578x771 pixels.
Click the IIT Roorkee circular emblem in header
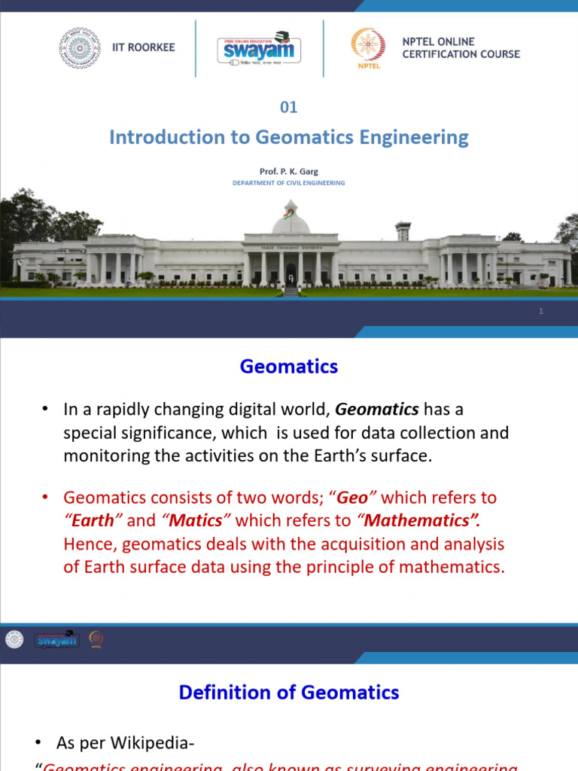pyautogui.click(x=81, y=49)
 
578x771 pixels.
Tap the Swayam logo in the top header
pyautogui.click(x=260, y=49)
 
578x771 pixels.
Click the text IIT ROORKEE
pyautogui.click(x=143, y=47)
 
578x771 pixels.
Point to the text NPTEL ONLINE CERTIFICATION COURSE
pyautogui.click(x=461, y=48)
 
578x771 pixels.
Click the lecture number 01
pyautogui.click(x=289, y=107)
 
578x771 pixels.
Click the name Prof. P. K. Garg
pyautogui.click(x=289, y=172)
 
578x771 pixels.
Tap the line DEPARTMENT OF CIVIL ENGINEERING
pyautogui.click(x=289, y=183)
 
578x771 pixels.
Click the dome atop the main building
pyautogui.click(x=291, y=221)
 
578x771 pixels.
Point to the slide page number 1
pyautogui.click(x=541, y=311)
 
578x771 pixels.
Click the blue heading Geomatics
pyautogui.click(x=289, y=367)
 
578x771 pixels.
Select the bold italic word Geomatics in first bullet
pyautogui.click(x=376, y=410)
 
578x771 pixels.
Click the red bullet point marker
pyautogui.click(x=46, y=498)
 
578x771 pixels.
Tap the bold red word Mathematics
pyautogui.click(x=418, y=521)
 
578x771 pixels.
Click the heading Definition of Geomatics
pyautogui.click(x=289, y=692)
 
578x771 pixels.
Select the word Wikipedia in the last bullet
pyautogui.click(x=154, y=744)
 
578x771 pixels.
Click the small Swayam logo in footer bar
pyautogui.click(x=56, y=640)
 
